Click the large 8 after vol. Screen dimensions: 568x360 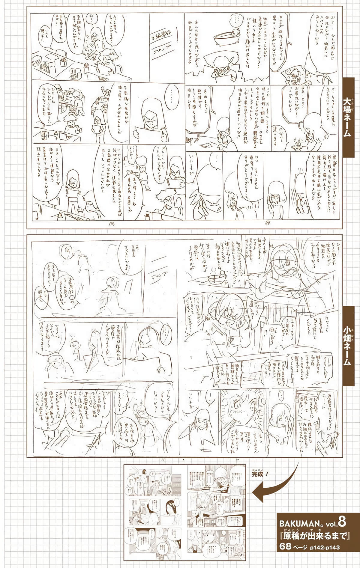[342, 513]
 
